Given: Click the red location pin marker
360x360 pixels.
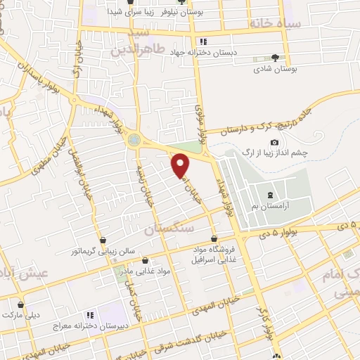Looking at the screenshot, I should [x=181, y=166].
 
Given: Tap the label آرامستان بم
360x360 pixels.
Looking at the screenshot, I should [x=275, y=206].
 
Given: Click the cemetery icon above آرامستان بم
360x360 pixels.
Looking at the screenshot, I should [x=271, y=194].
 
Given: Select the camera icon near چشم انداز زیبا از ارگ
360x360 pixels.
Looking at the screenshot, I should [x=274, y=143].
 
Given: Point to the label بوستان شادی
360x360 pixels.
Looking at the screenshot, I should [x=275, y=70].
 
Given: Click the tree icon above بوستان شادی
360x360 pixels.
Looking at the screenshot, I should [x=275, y=58].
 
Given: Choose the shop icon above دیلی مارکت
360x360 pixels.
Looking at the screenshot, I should [x=21, y=305].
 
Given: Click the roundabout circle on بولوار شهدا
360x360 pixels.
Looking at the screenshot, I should [x=134, y=140].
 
